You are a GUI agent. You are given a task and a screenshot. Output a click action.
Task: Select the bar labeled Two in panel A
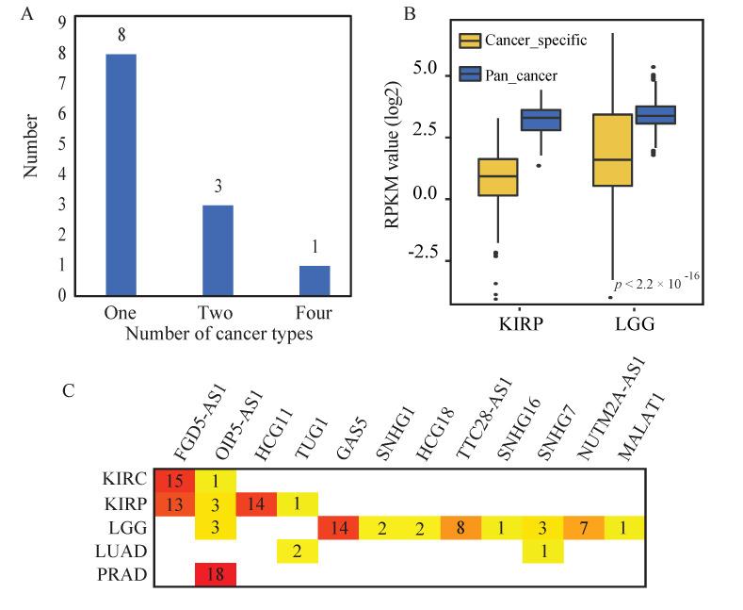(218, 250)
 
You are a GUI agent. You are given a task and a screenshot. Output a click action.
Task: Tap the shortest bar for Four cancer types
(314, 280)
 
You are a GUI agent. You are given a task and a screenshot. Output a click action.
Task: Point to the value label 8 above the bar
(121, 35)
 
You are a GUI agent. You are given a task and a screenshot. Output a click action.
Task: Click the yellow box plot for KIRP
(498, 176)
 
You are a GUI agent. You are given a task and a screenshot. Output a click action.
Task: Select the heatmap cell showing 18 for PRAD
(216, 573)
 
